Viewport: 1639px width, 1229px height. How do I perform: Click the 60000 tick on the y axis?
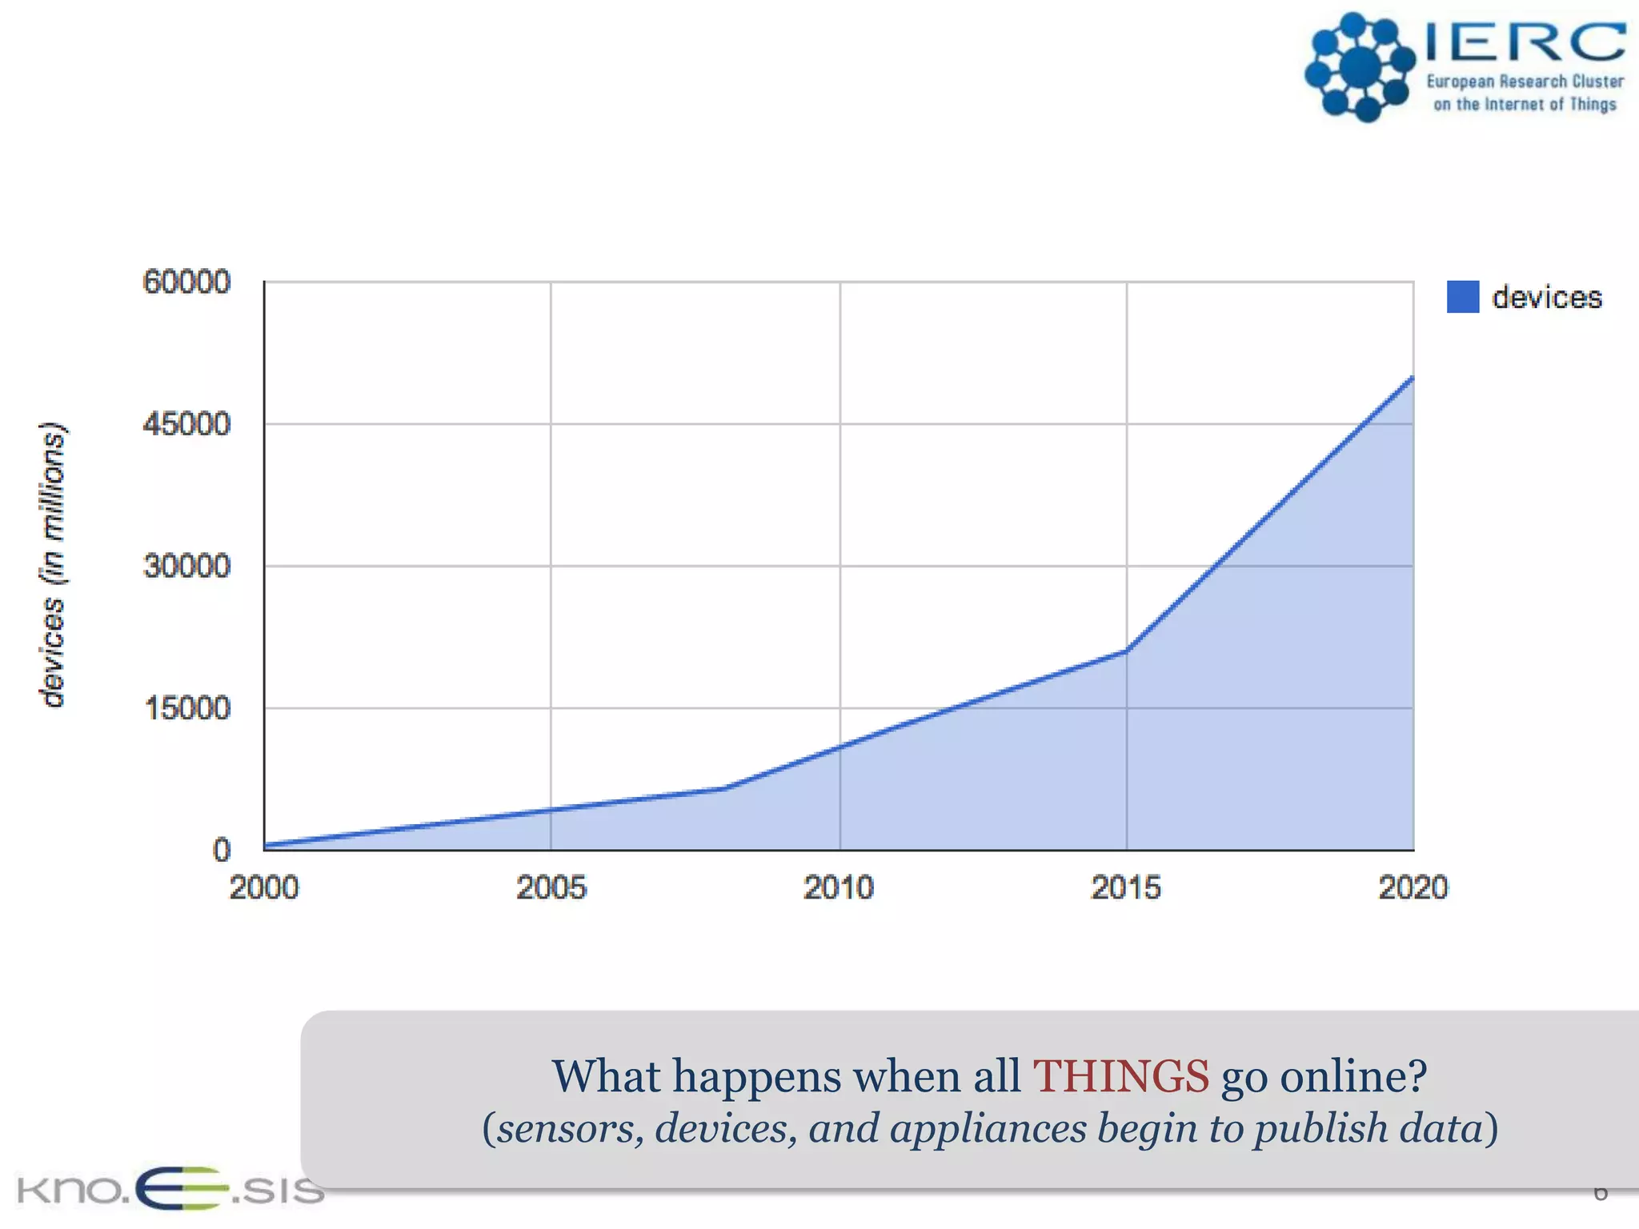click(186, 282)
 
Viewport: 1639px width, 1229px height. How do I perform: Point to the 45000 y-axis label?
click(186, 424)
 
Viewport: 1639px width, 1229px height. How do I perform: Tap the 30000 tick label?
click(186, 566)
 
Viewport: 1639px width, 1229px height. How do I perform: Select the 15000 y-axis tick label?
click(186, 708)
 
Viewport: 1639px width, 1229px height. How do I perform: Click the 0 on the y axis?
click(222, 850)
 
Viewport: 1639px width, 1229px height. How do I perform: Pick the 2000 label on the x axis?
click(264, 888)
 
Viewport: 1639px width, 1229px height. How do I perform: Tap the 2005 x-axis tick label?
click(551, 888)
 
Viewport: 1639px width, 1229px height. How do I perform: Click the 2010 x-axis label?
click(839, 888)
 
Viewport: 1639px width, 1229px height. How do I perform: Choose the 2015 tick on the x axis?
click(1126, 888)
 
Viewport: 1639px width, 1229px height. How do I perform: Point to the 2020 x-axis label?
click(1413, 888)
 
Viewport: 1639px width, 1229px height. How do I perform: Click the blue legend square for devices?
click(1462, 297)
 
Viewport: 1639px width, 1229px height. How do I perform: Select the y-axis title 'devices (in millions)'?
click(53, 565)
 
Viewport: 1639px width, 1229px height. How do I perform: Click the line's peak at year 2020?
click(1412, 378)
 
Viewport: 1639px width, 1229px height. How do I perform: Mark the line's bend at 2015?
click(1126, 651)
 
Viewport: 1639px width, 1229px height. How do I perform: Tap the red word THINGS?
click(1120, 1076)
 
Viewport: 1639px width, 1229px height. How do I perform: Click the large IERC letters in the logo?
click(1525, 42)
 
